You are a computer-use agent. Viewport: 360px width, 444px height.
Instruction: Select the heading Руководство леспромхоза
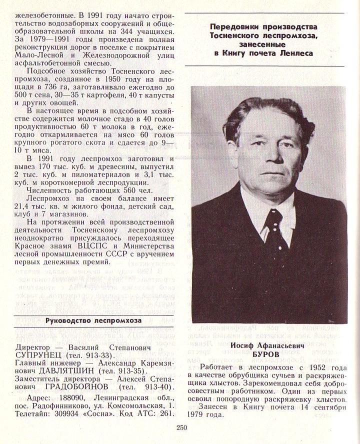pyautogui.click(x=93, y=320)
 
